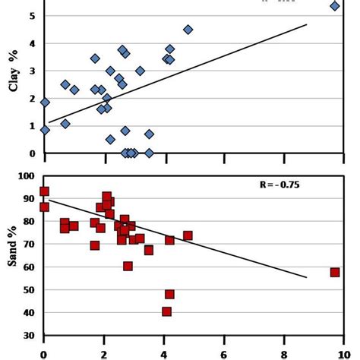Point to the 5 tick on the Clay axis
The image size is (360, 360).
click(31, 16)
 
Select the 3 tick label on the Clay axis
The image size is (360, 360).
click(31, 71)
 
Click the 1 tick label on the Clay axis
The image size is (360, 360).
click(31, 126)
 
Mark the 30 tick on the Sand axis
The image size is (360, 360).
click(28, 336)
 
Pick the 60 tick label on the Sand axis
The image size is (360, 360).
click(28, 267)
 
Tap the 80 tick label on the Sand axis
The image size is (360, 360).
click(28, 222)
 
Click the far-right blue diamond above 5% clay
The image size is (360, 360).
click(335, 6)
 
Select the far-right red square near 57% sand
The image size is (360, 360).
click(335, 272)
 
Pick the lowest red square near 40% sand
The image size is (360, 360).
click(166, 311)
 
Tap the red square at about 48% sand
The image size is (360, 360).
click(169, 294)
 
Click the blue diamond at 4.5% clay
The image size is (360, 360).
click(188, 30)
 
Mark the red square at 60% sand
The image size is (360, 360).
click(128, 266)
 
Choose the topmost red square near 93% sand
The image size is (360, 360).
click(44, 191)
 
